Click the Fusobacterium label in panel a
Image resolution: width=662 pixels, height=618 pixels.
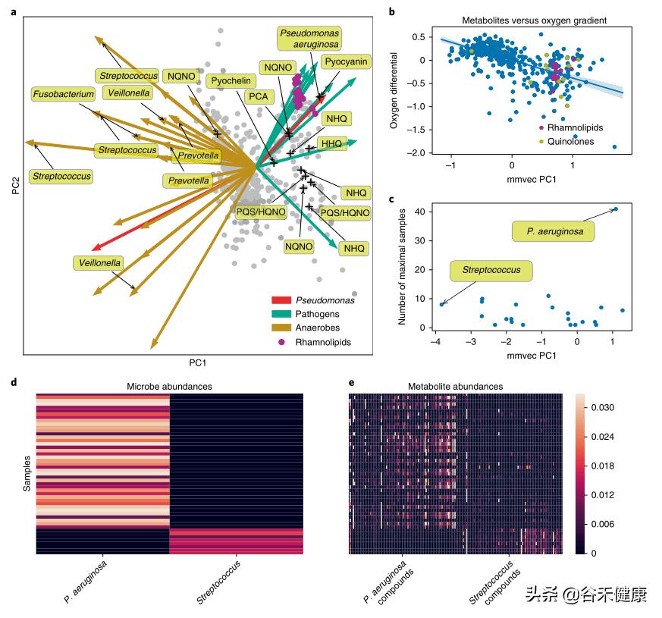click(x=63, y=94)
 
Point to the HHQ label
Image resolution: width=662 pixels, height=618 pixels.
click(x=331, y=143)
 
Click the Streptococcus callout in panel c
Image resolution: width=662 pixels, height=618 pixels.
click(x=491, y=271)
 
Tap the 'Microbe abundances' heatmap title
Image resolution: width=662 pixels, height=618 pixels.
click(x=169, y=387)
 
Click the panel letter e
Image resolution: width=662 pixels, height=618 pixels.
click(x=351, y=381)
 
